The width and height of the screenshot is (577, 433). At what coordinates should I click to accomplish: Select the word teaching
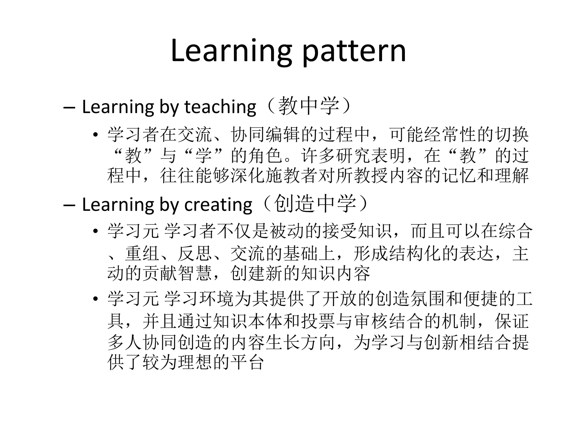[220, 107]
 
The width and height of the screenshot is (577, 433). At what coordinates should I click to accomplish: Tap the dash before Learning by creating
[69, 205]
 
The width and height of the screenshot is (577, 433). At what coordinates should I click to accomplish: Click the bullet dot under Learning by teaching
[96, 135]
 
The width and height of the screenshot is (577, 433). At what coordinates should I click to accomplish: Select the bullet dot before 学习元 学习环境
[96, 299]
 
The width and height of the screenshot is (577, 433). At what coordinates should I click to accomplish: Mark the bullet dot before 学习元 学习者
[96, 231]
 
